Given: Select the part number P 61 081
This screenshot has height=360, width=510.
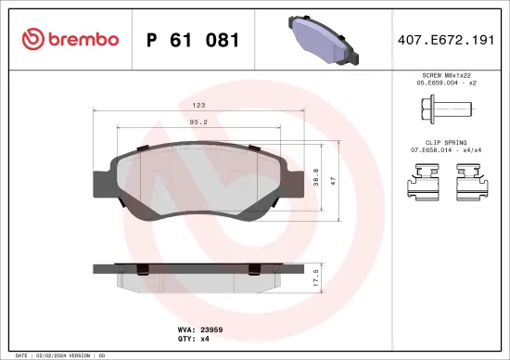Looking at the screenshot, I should coord(193,40).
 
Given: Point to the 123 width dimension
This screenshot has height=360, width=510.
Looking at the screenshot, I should coord(198,105).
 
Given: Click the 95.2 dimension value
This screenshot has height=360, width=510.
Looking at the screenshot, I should coord(198,121).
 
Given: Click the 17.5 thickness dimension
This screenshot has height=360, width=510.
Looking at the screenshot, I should coord(316,276).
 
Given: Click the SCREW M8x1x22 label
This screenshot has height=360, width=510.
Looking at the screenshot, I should coord(446,74).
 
